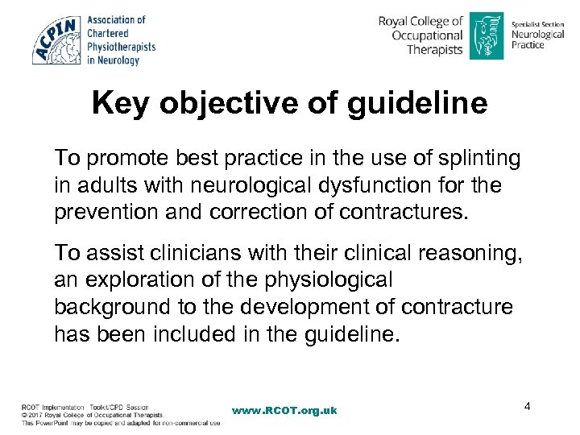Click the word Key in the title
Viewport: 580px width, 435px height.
tap(119, 104)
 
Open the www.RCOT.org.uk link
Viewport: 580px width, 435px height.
tap(284, 410)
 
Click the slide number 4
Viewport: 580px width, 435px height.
tap(527, 406)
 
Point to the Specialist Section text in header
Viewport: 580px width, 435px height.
tap(537, 25)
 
